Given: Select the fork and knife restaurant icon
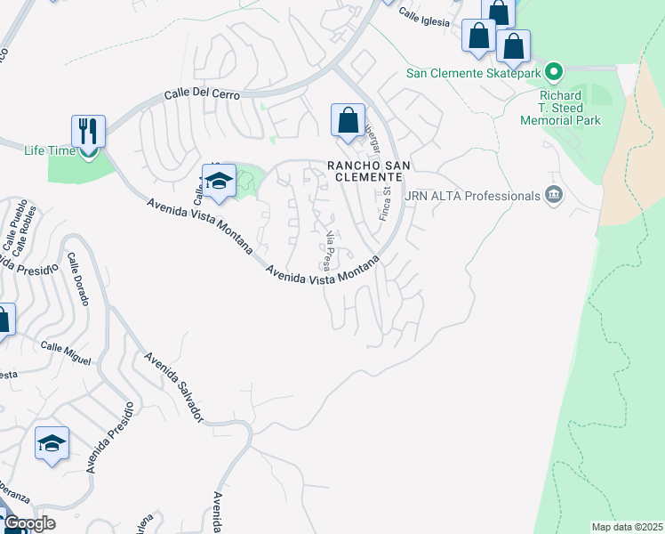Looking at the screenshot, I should (x=89, y=131).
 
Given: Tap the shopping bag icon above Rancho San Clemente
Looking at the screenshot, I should (x=348, y=119).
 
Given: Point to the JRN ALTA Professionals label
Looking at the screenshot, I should (x=473, y=195).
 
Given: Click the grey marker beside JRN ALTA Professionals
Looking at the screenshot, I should (x=554, y=195).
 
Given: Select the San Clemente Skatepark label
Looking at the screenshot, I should (x=474, y=72).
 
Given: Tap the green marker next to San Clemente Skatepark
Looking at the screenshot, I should (x=554, y=70).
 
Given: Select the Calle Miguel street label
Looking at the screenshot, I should (x=65, y=353).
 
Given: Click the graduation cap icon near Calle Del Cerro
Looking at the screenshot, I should (x=219, y=179).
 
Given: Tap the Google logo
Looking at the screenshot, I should (x=29, y=523).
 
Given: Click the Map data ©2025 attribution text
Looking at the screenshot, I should (x=626, y=527).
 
